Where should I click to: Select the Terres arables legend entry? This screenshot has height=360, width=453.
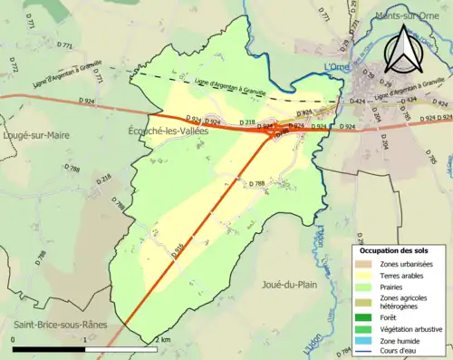(404, 277)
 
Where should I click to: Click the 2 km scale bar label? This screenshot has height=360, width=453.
(163, 339)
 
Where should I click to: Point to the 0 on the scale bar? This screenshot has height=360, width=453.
(13, 339)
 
